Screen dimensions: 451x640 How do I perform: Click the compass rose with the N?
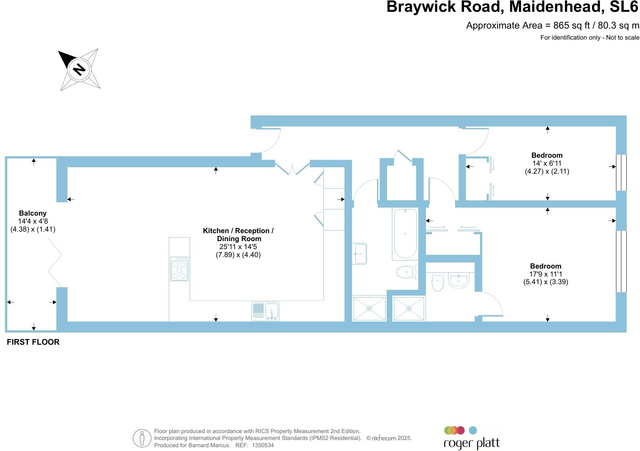(79, 70)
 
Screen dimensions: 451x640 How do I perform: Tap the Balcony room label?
(33, 213)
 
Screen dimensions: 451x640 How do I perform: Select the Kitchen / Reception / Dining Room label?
(238, 235)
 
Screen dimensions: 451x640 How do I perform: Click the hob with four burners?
(179, 269)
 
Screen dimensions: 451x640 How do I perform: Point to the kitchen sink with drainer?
(265, 311)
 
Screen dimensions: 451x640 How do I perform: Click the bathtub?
(405, 233)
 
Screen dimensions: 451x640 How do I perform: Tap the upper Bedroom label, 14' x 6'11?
(547, 155)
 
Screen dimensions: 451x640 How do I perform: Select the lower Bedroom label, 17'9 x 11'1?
(546, 266)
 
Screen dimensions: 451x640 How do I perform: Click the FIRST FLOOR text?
(33, 342)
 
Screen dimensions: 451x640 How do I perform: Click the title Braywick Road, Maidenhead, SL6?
(512, 7)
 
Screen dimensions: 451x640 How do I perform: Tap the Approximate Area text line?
(552, 26)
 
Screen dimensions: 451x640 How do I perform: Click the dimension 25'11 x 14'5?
(238, 247)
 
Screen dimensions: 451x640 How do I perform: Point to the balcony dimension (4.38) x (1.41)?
(33, 229)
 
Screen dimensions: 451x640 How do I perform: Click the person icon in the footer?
(142, 438)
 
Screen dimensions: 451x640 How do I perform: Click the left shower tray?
(369, 308)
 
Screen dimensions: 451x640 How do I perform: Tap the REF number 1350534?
(262, 445)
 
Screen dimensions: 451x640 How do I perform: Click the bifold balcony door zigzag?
(55, 262)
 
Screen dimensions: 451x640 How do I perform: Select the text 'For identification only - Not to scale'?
(590, 37)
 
